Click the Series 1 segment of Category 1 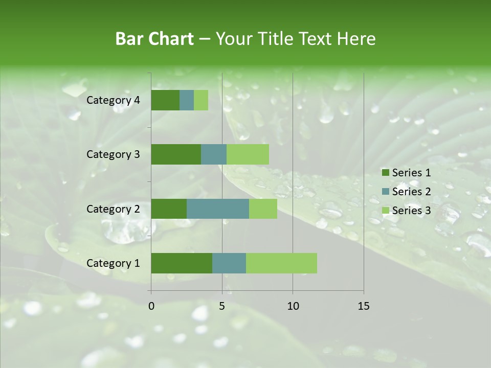(182, 263)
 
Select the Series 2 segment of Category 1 (229, 263)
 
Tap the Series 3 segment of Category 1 (281, 263)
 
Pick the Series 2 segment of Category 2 (218, 209)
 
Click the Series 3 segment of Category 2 (263, 209)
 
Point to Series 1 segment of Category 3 (176, 154)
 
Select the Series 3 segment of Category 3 (248, 154)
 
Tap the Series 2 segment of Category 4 (187, 100)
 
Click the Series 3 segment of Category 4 (201, 100)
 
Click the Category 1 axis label (113, 263)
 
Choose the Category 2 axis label (113, 209)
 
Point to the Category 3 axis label (113, 154)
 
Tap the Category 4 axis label (113, 100)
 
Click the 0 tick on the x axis (151, 306)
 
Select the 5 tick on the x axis (222, 306)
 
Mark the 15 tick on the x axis (364, 306)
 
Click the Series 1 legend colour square (385, 173)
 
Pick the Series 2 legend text (411, 192)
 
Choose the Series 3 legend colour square (385, 211)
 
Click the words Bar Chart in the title (154, 39)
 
